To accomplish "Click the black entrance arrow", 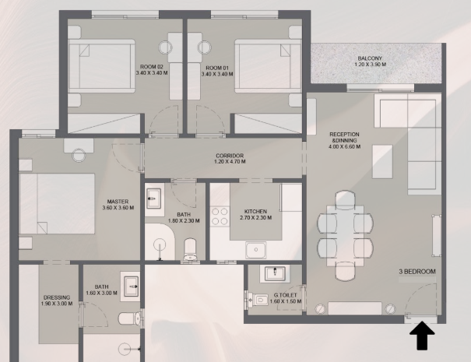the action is pos(422,335).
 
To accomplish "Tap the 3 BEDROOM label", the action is pos(417,272).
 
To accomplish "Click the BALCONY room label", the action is pos(370,58).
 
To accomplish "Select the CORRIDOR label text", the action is pos(230,156).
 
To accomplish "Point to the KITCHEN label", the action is pos(255,212).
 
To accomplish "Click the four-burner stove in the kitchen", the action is pos(220,216).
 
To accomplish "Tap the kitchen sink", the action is pos(255,250).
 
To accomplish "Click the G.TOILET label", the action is pos(286,295).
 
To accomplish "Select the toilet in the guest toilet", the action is pos(258,300).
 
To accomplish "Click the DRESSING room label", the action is pos(57,297).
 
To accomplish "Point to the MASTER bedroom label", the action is pos(118,202).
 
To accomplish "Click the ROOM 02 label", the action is pos(152,67).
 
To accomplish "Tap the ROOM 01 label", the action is pos(217,68).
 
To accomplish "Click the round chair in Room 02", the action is pos(166,47).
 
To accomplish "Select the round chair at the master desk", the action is pos(79,156).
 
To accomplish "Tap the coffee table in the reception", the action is pos(382,162).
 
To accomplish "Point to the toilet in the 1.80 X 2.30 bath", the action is pos(190,249).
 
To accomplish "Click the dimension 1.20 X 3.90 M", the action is pos(371,65).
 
